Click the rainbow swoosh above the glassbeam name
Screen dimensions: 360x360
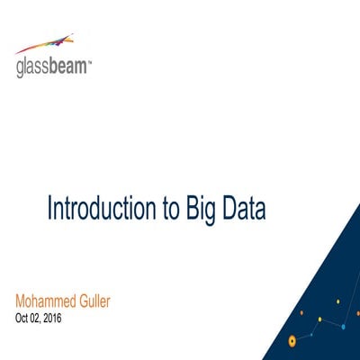point(46,44)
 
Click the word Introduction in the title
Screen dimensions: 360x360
point(96,208)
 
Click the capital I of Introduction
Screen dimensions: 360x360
point(49,208)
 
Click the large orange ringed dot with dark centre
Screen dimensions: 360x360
point(292,340)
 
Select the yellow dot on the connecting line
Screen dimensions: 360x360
point(319,319)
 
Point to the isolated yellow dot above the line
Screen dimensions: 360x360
point(337,301)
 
